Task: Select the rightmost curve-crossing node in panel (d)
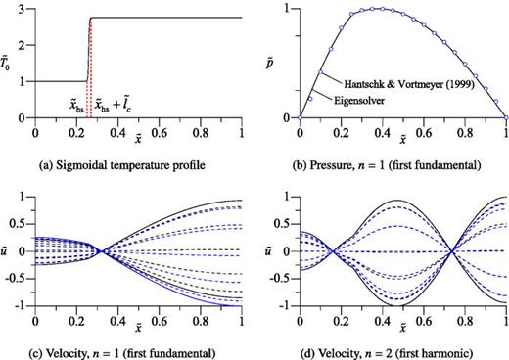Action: pos(450,251)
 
